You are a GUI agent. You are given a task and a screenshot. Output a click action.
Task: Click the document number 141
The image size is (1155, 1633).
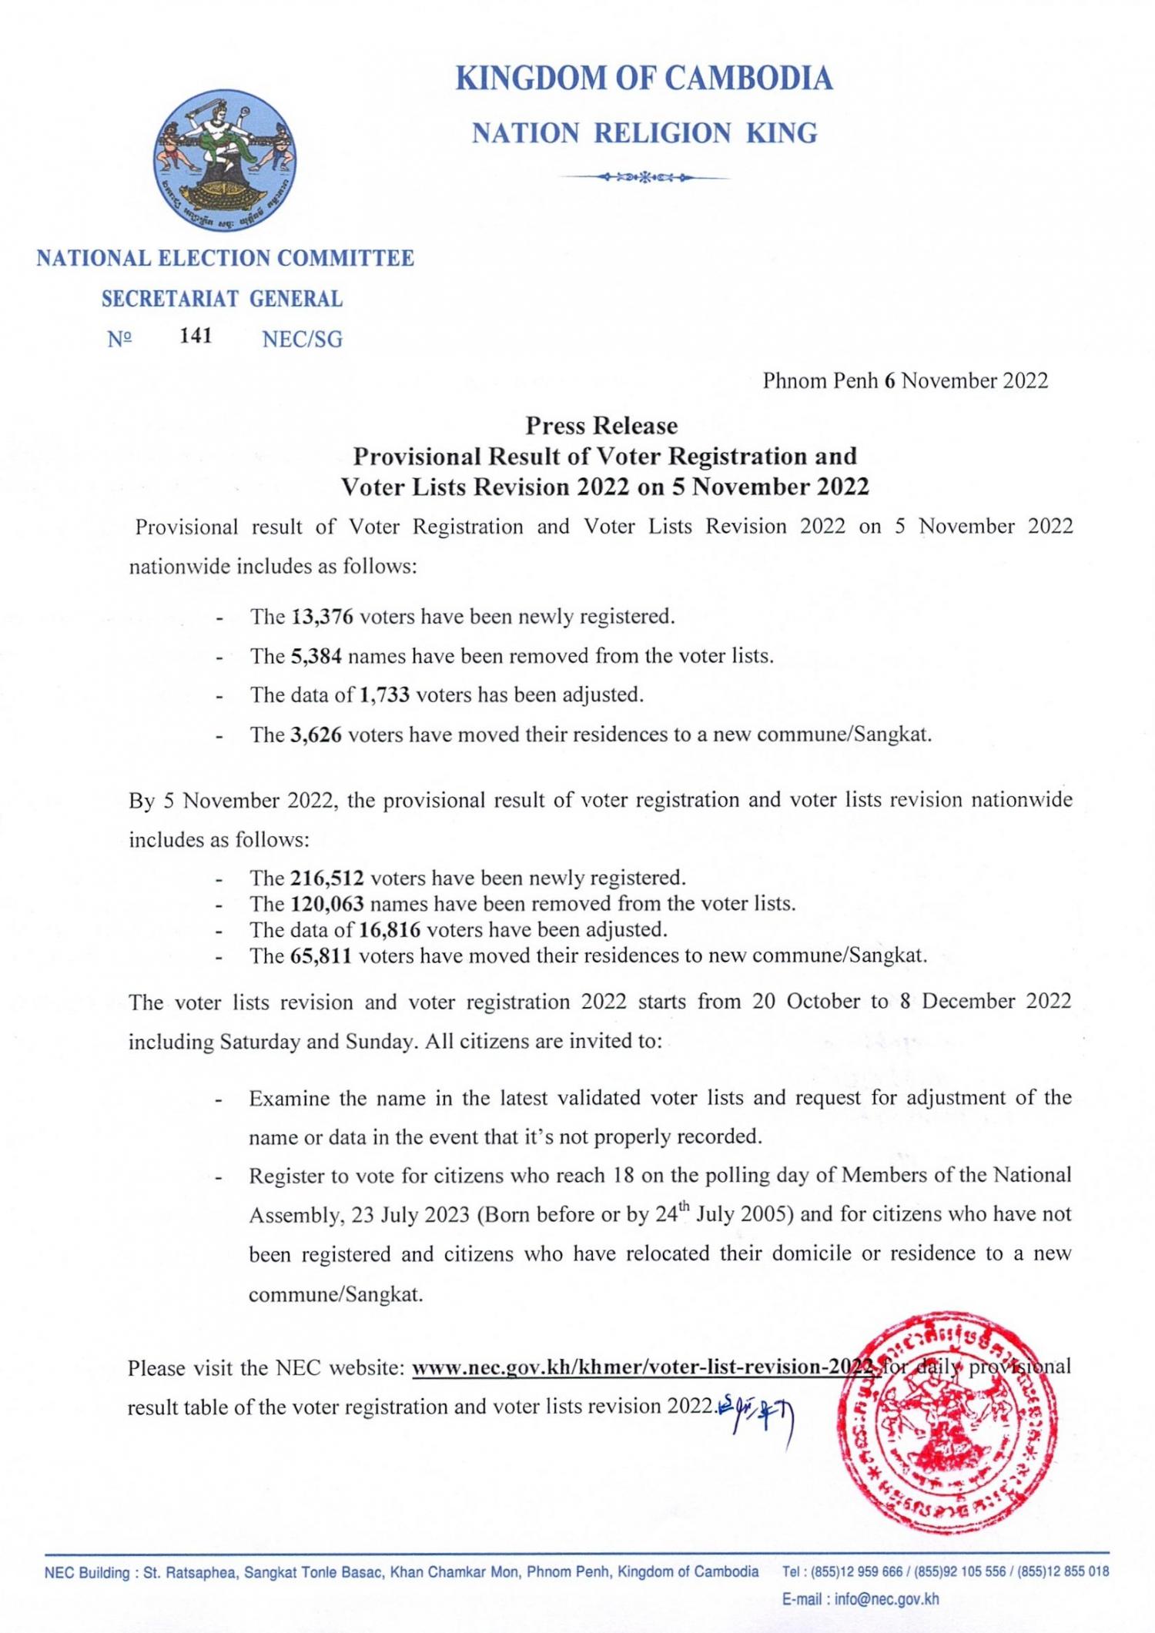pos(196,336)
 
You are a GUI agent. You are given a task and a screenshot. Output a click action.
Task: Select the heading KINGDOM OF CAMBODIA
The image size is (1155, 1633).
pos(644,79)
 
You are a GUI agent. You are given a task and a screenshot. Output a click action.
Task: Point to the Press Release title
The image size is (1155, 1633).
pos(601,426)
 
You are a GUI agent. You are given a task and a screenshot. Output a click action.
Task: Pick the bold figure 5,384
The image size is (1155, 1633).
pos(316,656)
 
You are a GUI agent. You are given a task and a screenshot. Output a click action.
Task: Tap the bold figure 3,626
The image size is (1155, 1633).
pos(316,735)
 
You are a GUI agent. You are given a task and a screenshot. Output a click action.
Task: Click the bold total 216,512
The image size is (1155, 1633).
pos(327,878)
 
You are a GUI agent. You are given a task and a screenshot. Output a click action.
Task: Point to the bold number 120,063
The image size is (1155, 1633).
pos(327,903)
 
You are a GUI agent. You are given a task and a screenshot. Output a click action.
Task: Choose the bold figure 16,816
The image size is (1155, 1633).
pos(390,929)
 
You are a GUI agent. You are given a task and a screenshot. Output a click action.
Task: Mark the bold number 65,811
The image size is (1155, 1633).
pos(322,955)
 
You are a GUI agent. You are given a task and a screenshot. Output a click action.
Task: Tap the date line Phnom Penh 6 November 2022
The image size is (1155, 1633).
pos(905,380)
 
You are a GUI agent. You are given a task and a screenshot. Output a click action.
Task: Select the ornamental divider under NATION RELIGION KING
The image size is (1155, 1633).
pos(644,178)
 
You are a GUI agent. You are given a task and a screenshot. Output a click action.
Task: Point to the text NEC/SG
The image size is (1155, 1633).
pos(302,339)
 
